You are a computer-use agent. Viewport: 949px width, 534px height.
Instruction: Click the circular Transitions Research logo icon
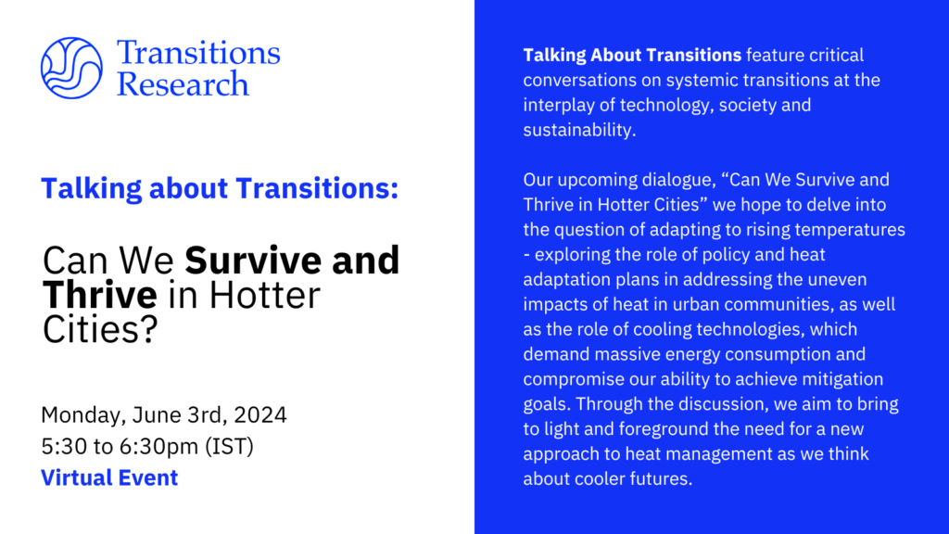71,68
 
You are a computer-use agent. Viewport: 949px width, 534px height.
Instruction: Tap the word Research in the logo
183,84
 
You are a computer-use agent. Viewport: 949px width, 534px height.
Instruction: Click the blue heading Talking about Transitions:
220,188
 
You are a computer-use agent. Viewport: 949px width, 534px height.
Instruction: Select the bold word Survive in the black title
255,261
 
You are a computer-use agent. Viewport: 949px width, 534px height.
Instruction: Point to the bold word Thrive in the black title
100,295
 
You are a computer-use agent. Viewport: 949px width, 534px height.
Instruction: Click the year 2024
260,415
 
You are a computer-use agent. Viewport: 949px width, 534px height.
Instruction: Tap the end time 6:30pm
158,447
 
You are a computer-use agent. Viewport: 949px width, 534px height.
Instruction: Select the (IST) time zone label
230,447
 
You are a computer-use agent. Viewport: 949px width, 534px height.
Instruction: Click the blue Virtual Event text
109,477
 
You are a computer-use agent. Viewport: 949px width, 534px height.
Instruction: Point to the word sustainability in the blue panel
579,130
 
